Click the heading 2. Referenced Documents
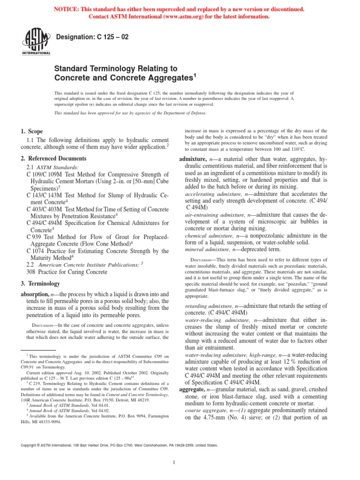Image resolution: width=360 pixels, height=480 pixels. click(x=53, y=159)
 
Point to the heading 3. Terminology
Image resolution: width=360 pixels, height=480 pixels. click(x=40, y=284)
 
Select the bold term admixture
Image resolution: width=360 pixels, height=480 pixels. click(x=193, y=159)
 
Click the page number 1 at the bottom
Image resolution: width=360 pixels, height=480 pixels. click(x=174, y=463)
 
